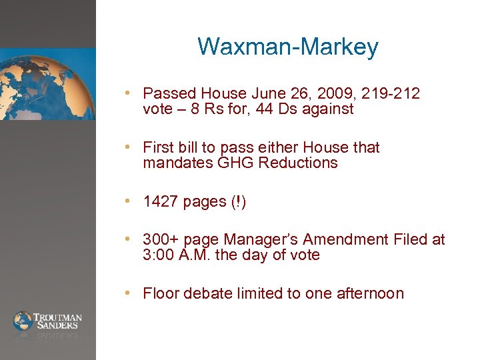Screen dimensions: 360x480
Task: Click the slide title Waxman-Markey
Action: (288, 47)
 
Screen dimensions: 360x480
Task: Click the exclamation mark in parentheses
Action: (239, 202)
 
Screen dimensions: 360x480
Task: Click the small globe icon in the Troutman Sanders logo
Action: (23, 321)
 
